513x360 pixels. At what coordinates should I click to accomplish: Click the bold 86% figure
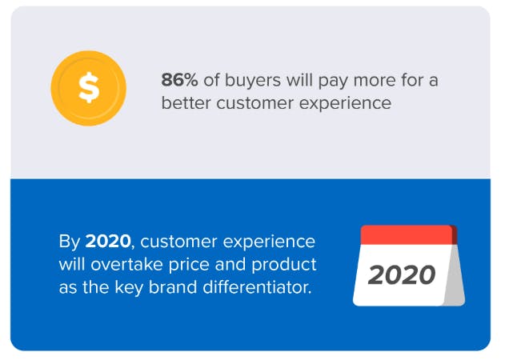(x=179, y=80)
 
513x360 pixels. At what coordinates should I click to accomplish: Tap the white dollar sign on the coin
(x=89, y=88)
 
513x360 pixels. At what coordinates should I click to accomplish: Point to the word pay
(x=333, y=82)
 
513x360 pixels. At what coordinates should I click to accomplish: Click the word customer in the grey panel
(x=254, y=104)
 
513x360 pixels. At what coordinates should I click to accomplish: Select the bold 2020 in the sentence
(x=108, y=242)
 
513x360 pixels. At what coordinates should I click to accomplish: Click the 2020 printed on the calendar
(x=402, y=275)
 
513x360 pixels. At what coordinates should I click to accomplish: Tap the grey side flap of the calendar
(x=455, y=274)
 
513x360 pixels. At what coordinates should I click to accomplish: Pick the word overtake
(x=126, y=265)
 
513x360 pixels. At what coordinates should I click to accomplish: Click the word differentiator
(x=257, y=287)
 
